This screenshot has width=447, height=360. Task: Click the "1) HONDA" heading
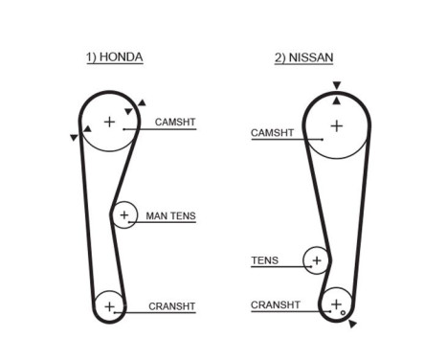[114, 57]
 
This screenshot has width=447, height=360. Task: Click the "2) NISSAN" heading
[303, 57]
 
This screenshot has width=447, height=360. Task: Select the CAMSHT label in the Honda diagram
[175, 123]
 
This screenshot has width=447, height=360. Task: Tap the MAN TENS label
[170, 216]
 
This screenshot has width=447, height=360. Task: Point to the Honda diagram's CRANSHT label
[171, 307]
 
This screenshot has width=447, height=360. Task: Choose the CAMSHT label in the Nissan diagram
[272, 133]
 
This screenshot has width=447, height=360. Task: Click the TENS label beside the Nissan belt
[264, 259]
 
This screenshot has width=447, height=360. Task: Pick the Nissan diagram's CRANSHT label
[275, 305]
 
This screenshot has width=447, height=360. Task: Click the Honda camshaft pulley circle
[108, 123]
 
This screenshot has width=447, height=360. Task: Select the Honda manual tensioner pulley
[123, 215]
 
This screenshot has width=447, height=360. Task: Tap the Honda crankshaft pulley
[110, 307]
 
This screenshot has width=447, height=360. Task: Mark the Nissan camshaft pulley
[336, 125]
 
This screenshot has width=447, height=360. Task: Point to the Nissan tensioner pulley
[316, 259]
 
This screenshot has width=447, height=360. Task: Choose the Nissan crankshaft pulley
[335, 305]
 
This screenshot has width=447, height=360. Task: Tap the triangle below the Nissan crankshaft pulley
[353, 325]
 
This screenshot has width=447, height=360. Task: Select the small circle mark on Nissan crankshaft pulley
[342, 312]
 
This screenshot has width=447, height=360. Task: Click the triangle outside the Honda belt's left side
[74, 138]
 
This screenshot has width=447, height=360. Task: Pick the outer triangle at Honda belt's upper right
[142, 101]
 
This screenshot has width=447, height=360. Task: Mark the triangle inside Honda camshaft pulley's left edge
[88, 127]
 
